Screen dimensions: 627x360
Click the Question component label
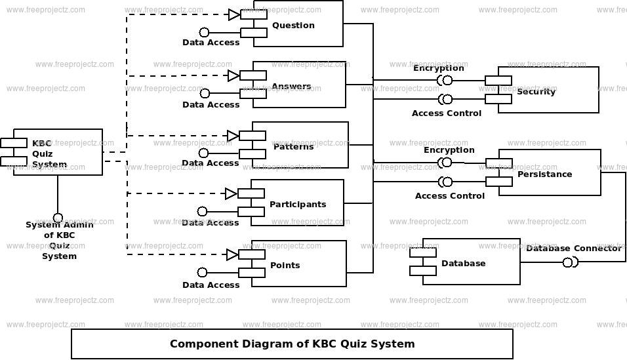coord(293,25)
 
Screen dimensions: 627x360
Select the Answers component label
coord(291,86)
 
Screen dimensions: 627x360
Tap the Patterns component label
coord(294,146)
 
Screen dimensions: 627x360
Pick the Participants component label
coord(298,204)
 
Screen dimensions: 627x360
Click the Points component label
coord(285,265)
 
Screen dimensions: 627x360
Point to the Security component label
coord(536,92)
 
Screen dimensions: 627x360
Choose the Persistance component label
coord(544,174)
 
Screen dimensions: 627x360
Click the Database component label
coord(464,263)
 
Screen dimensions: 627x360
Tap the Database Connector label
coord(574,248)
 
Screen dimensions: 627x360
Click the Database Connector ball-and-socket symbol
coord(570,262)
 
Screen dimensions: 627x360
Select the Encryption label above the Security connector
coord(438,68)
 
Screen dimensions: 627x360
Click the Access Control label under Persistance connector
coord(449,195)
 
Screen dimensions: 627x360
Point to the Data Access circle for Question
coord(205,32)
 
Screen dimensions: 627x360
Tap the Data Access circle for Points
coord(203,272)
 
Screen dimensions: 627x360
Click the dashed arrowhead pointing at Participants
coord(231,194)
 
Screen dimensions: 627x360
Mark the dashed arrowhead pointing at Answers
coord(233,75)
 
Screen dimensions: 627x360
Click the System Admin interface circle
coord(58,218)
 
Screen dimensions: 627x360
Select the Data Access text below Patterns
coord(211,163)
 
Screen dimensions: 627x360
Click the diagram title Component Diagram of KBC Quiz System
coord(293,344)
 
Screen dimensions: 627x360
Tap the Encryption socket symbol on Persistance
coord(445,163)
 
